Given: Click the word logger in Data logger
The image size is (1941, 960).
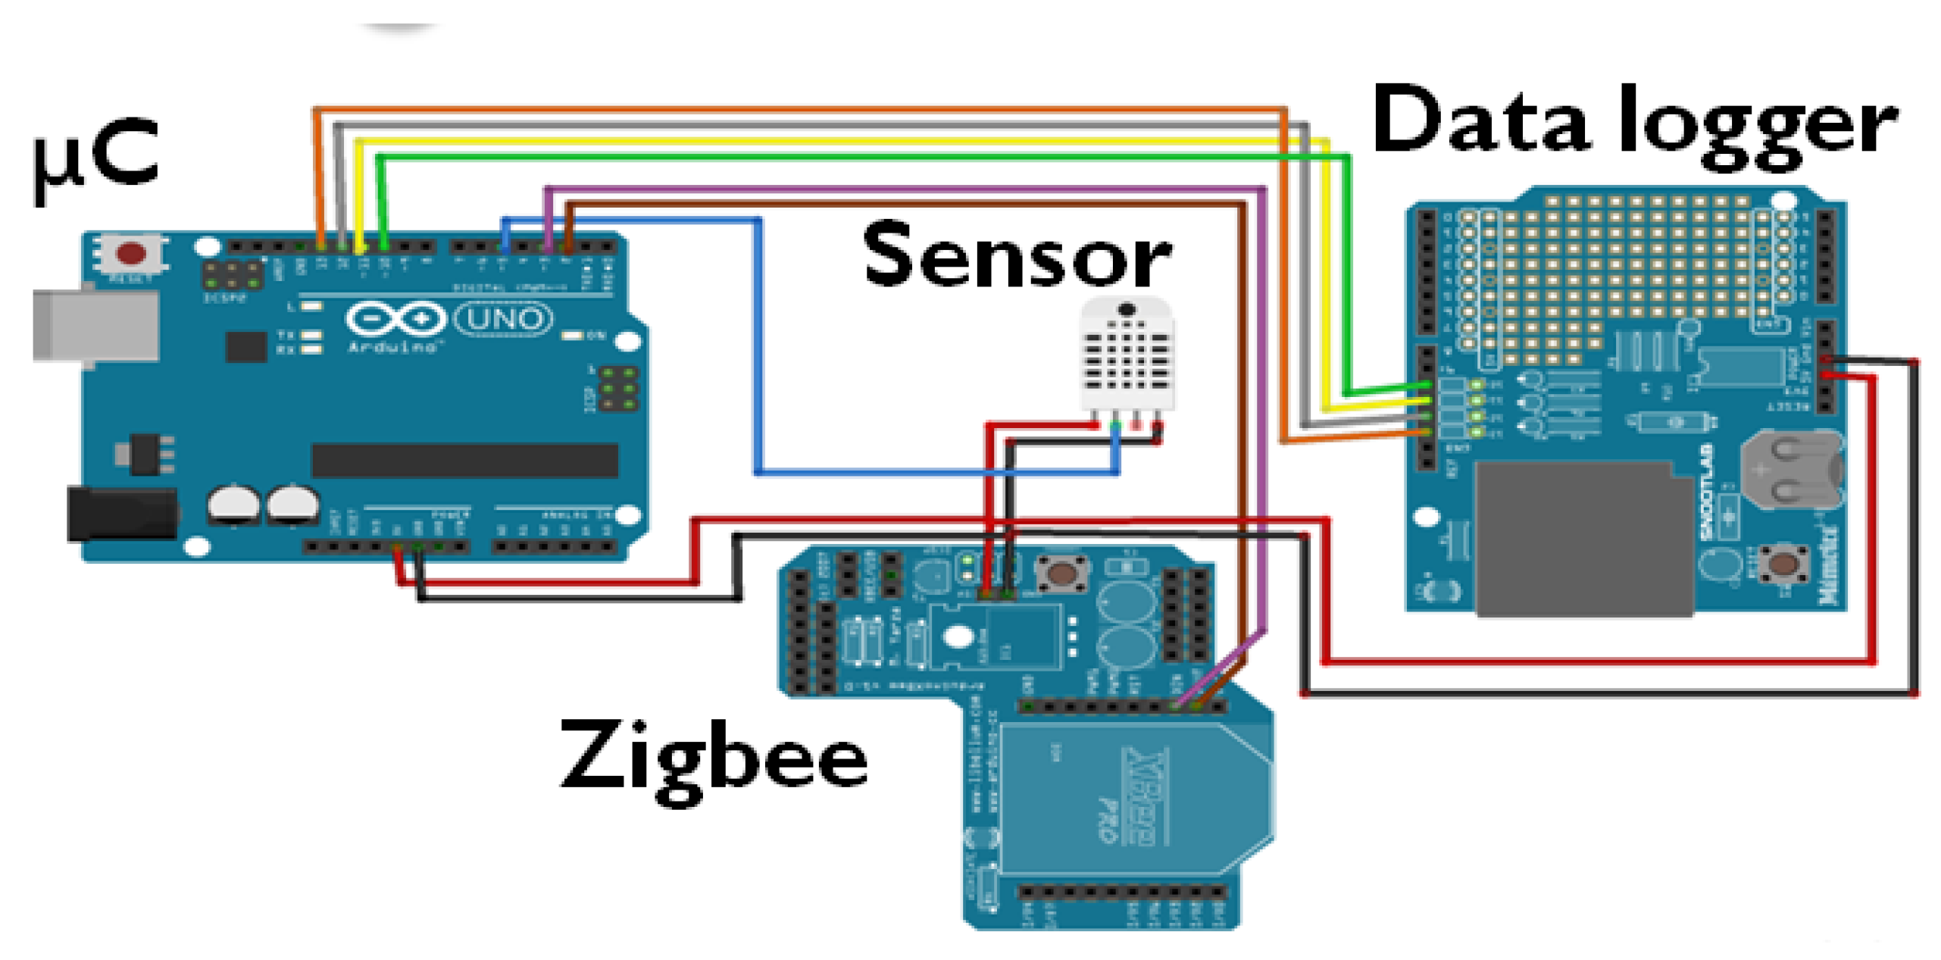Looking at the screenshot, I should pyautogui.click(x=1758, y=125).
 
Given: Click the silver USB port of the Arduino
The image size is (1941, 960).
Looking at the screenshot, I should pyautogui.click(x=95, y=326).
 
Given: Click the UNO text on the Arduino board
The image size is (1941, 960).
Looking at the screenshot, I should pyautogui.click(x=504, y=318).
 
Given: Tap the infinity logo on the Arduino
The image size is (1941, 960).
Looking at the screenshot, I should pyautogui.click(x=395, y=318).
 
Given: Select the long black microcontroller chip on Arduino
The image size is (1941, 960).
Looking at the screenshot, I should pyautogui.click(x=464, y=460).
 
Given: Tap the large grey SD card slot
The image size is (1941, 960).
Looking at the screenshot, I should pyautogui.click(x=1583, y=538).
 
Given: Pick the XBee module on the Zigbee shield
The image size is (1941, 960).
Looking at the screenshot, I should pyautogui.click(x=1136, y=799).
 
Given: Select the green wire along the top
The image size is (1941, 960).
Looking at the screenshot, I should pyautogui.click(x=833, y=157).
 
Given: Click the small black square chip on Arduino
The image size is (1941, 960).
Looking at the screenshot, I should pyautogui.click(x=245, y=347).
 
